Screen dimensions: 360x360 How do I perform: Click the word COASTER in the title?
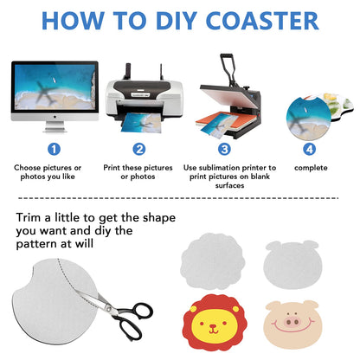click(x=262, y=21)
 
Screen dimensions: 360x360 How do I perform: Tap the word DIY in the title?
click(x=178, y=21)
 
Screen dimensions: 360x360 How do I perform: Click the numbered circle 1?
click(x=54, y=149)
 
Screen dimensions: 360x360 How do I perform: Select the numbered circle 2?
click(x=139, y=149)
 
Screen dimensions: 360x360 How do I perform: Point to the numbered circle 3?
click(x=224, y=149)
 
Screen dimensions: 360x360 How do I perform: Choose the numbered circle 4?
click(x=309, y=149)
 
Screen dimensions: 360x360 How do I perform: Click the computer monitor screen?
click(x=55, y=87)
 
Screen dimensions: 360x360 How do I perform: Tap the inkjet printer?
click(x=144, y=97)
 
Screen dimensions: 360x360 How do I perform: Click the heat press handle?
click(x=230, y=68)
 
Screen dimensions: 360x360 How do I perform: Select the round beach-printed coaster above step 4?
click(x=309, y=119)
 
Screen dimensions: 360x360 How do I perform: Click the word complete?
click(x=311, y=168)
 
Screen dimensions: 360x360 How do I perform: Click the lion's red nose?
click(x=213, y=326)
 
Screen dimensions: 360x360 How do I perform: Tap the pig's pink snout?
click(x=292, y=321)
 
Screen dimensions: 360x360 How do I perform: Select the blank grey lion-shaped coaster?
click(x=213, y=260)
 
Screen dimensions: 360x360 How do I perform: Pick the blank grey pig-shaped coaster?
click(x=292, y=264)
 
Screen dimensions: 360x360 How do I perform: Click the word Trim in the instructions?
click(x=29, y=217)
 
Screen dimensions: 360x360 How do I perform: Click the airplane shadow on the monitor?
click(x=46, y=93)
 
